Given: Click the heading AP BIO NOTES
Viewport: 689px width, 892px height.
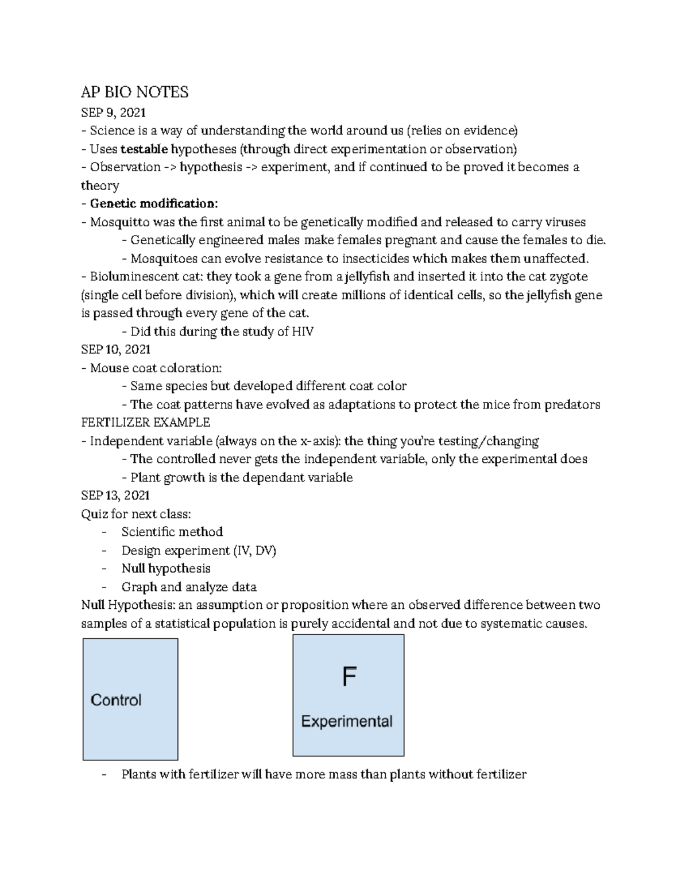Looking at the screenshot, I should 135,92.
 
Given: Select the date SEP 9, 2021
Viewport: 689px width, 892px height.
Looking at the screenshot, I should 114,112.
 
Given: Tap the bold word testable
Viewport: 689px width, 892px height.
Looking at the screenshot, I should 144,149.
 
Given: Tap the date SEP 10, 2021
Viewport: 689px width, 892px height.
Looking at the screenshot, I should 116,349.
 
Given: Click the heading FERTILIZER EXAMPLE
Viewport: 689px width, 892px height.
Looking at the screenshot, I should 146,423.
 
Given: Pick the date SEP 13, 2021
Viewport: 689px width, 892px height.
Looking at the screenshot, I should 115,495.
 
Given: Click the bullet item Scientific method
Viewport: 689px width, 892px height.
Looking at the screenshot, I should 172,532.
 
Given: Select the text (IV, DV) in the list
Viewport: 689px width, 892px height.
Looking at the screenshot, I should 254,550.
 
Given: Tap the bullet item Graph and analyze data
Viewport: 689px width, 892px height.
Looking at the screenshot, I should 189,587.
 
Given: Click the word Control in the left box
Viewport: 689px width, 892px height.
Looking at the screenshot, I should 116,700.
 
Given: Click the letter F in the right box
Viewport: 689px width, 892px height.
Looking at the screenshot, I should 349,677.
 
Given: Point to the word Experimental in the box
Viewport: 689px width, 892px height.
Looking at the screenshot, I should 347,721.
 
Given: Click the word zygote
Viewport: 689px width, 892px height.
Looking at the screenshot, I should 568,277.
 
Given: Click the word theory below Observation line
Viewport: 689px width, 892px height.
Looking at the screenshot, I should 100,186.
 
